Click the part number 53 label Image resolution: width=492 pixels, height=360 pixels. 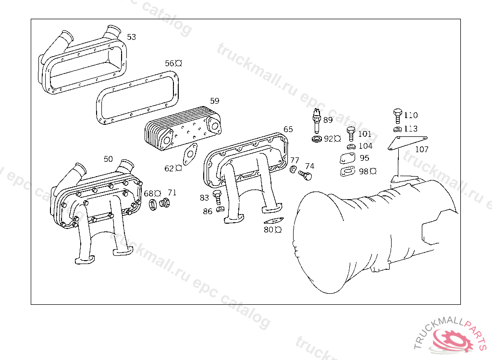[131, 37]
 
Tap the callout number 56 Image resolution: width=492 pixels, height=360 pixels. [169, 63]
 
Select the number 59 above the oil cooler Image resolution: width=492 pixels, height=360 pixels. [215, 101]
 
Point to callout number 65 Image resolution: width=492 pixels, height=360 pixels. [288, 129]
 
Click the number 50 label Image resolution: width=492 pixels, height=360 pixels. [108, 159]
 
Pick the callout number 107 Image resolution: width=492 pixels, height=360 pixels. [421, 149]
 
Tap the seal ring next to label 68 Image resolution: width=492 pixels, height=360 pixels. [154, 205]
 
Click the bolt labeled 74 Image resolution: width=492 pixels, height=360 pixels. [305, 175]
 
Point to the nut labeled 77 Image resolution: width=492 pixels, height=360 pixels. [293, 169]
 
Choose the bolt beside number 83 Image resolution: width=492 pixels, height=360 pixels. [217, 196]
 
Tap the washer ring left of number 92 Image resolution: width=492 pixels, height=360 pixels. [317, 139]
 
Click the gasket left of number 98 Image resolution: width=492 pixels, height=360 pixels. [347, 171]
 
